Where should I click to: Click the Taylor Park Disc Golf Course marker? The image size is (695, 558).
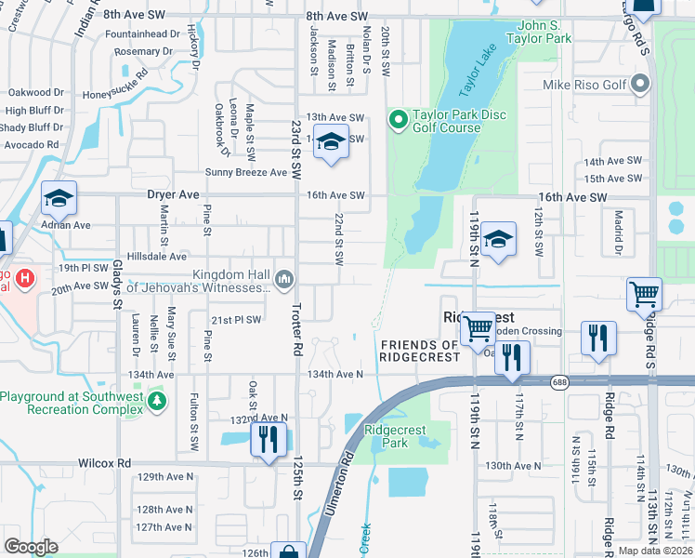(x=399, y=119)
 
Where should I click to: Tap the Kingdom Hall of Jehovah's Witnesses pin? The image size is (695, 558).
(x=285, y=277)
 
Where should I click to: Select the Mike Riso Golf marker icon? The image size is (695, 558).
(x=639, y=86)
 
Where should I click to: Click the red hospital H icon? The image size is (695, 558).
(x=26, y=277)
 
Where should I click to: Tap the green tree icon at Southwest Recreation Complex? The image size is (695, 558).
(x=158, y=401)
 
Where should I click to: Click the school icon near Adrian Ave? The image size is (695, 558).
(x=58, y=197)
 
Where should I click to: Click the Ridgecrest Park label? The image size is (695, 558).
(x=400, y=436)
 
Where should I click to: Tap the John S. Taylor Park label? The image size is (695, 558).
(x=539, y=32)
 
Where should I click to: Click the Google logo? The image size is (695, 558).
(x=31, y=546)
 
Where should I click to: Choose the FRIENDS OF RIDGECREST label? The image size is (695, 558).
(x=419, y=352)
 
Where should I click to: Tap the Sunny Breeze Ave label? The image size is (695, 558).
(x=246, y=172)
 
